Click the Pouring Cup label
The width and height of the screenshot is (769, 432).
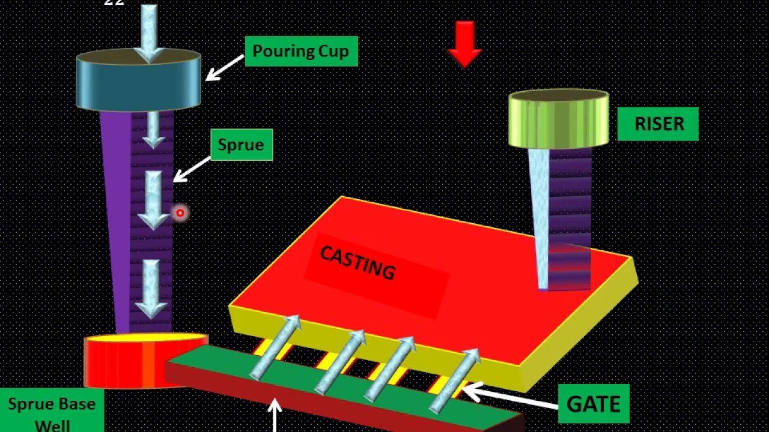tap(300, 51)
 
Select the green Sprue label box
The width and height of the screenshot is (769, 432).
tap(241, 145)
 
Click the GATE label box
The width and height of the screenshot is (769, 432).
tap(593, 403)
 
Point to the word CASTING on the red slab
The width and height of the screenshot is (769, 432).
tap(358, 263)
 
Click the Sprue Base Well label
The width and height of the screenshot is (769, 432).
tap(51, 413)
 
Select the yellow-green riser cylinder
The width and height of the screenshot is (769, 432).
tap(558, 120)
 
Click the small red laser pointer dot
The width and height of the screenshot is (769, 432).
tap(180, 212)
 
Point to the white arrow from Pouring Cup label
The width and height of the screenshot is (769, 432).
tap(224, 67)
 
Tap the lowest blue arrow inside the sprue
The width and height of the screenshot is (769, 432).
tap(150, 288)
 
